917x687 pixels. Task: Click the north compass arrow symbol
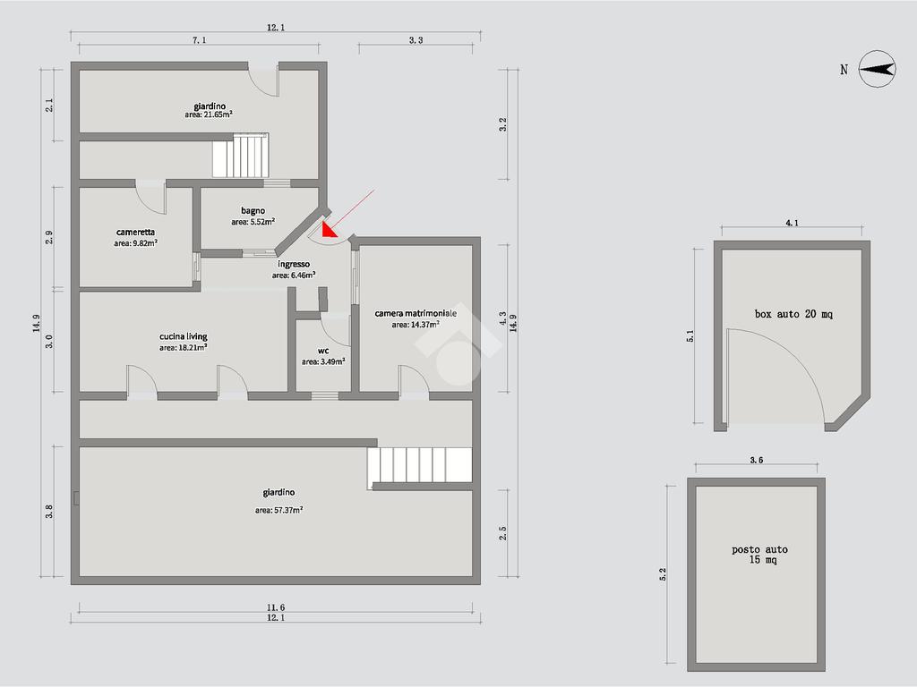878,69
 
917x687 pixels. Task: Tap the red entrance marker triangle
330,230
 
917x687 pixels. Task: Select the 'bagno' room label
253,210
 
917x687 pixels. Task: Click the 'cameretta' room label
135,232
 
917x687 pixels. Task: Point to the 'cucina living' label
183,336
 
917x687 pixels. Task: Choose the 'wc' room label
322,351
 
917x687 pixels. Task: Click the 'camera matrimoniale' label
416,314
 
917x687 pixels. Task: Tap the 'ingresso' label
294,265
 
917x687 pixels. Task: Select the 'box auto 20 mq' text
793,314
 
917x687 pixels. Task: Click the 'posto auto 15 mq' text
759,555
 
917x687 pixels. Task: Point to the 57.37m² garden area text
279,510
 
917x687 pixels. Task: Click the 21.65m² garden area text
208,115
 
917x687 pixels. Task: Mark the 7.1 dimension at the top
200,40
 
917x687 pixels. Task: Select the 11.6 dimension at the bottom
276,607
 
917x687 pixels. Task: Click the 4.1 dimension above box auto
792,223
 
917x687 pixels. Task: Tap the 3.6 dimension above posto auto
756,460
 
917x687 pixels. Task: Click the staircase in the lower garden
419,465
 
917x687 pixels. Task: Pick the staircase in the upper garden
240,156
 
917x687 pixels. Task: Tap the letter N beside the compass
844,70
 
